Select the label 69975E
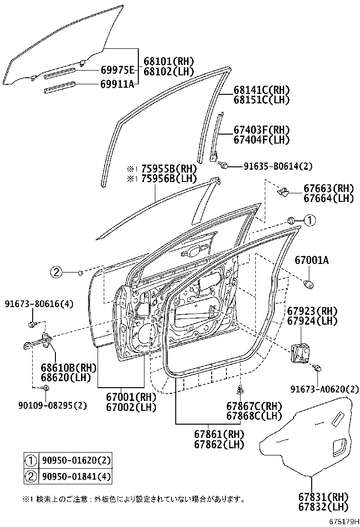[x=117, y=70]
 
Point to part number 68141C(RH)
[x=261, y=90]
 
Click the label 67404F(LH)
[x=261, y=140]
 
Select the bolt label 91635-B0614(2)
[x=278, y=166]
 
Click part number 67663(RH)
[x=328, y=189]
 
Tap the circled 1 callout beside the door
[x=309, y=220]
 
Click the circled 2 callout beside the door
[x=56, y=272]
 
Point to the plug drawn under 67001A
[x=310, y=284]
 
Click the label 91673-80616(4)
[x=39, y=304]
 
